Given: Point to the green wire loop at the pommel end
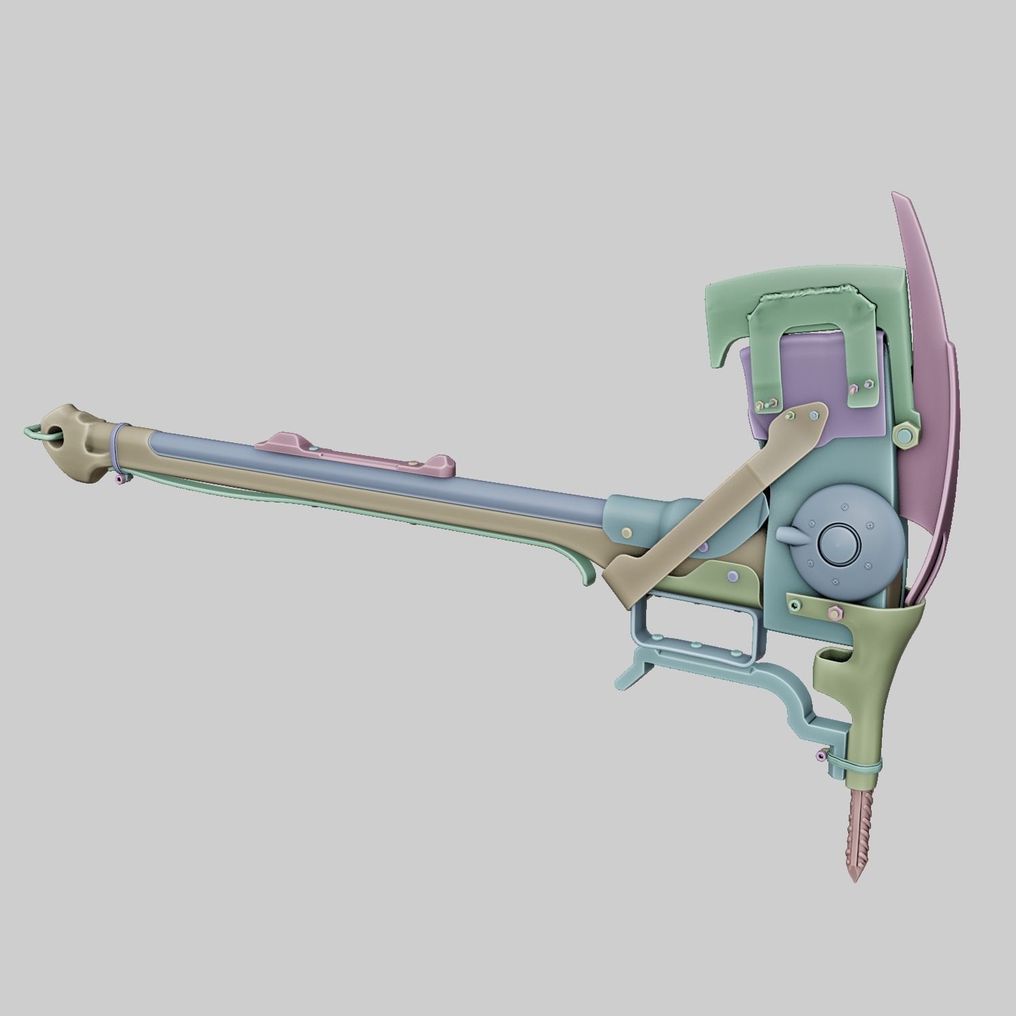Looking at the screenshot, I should (x=39, y=434).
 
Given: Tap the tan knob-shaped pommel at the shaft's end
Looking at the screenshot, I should (x=80, y=444).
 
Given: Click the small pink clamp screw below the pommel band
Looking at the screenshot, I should (x=120, y=480).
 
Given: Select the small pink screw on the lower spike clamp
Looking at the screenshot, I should (x=822, y=755).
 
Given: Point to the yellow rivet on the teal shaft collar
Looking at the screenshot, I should (x=628, y=532).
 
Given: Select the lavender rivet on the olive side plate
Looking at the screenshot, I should (x=733, y=576).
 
